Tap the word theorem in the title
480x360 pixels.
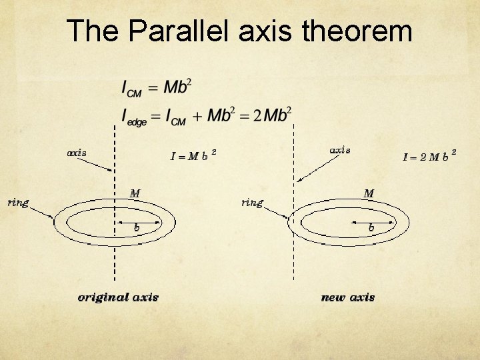coord(357,31)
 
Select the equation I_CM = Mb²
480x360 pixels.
coord(157,87)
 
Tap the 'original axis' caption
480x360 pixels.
coord(118,297)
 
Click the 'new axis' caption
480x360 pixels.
coord(347,297)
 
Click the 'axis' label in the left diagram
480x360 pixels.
coord(77,153)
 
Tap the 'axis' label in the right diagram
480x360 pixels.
coord(340,150)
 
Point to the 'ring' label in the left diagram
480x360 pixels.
coord(18,203)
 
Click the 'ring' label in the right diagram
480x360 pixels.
coord(252,203)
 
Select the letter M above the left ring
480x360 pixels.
coord(135,193)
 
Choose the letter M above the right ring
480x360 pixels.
coord(369,193)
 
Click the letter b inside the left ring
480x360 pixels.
coord(137,227)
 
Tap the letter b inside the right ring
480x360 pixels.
coord(371,227)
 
